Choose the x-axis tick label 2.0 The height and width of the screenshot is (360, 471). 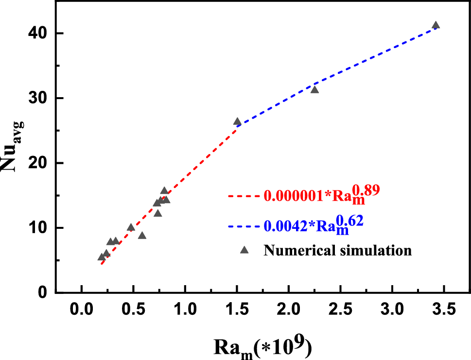[289, 309]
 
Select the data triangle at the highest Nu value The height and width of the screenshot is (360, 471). [436, 25]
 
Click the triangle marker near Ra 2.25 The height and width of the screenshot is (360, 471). [314, 89]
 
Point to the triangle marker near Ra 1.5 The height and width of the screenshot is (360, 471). [237, 121]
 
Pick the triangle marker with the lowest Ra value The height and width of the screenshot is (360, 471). [101, 257]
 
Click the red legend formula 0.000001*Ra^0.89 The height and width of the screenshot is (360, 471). [321, 195]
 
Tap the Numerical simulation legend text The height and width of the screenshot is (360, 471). [338, 251]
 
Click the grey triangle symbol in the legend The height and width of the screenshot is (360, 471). [244, 250]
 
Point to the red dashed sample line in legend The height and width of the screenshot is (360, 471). [244, 196]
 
